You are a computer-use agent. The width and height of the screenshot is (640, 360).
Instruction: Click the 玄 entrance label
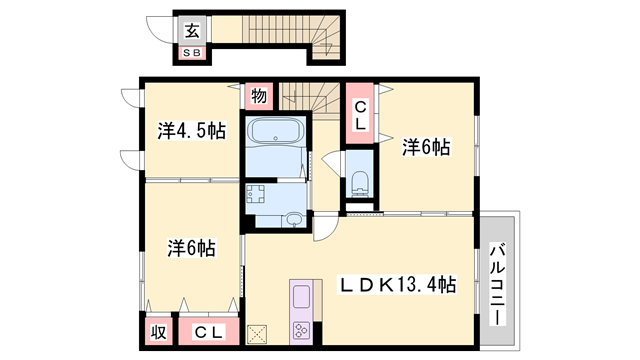click(x=189, y=30)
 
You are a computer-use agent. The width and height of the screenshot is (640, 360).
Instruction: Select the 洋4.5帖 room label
click(x=190, y=131)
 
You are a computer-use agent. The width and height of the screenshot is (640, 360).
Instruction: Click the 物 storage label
click(x=258, y=97)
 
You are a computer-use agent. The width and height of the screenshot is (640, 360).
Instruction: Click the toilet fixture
click(x=361, y=183)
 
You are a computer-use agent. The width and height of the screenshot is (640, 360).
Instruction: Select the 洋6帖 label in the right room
click(x=426, y=148)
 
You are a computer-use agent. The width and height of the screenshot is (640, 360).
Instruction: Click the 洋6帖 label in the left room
click(x=190, y=247)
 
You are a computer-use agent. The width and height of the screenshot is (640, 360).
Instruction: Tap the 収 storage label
click(x=158, y=332)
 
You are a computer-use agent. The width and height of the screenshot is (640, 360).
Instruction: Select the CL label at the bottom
click(x=208, y=332)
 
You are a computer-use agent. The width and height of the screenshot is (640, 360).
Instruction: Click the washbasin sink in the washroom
click(x=293, y=220)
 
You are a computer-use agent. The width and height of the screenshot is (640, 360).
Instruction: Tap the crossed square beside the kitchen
click(x=258, y=335)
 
